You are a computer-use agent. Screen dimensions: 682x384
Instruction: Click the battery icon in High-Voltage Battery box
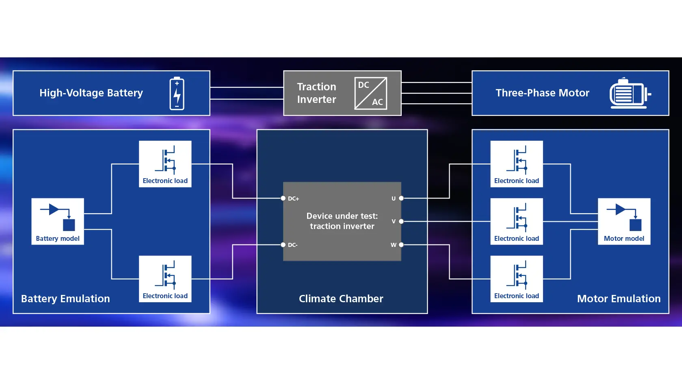point(177,93)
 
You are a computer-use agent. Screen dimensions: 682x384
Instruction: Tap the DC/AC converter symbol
point(370,93)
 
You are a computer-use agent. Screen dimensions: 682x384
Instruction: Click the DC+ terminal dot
point(283,198)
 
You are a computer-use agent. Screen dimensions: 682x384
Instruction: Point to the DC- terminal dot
point(283,244)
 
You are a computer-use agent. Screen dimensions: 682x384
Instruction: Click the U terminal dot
point(401,198)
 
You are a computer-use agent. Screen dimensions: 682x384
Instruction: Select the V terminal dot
point(401,221)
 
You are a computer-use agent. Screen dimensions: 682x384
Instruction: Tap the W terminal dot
point(401,244)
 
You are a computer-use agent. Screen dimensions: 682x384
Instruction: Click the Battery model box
point(58,221)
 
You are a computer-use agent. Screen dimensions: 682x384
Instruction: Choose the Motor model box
point(624,221)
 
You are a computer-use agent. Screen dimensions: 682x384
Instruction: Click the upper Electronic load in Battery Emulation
point(165,164)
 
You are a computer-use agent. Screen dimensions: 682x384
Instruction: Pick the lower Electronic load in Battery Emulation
point(165,279)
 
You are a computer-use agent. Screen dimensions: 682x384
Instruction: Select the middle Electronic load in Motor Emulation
point(517,221)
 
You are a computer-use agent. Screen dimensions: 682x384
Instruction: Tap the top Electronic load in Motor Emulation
point(517,164)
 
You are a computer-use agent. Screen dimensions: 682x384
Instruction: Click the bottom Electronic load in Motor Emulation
point(517,279)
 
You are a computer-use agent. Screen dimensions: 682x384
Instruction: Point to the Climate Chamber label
point(341,299)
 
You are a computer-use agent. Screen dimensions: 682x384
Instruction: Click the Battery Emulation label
point(65,299)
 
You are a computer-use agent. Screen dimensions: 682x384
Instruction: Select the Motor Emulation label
point(619,299)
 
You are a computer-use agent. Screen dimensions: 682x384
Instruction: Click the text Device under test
point(342,216)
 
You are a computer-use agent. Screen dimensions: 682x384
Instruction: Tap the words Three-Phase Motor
point(543,93)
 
